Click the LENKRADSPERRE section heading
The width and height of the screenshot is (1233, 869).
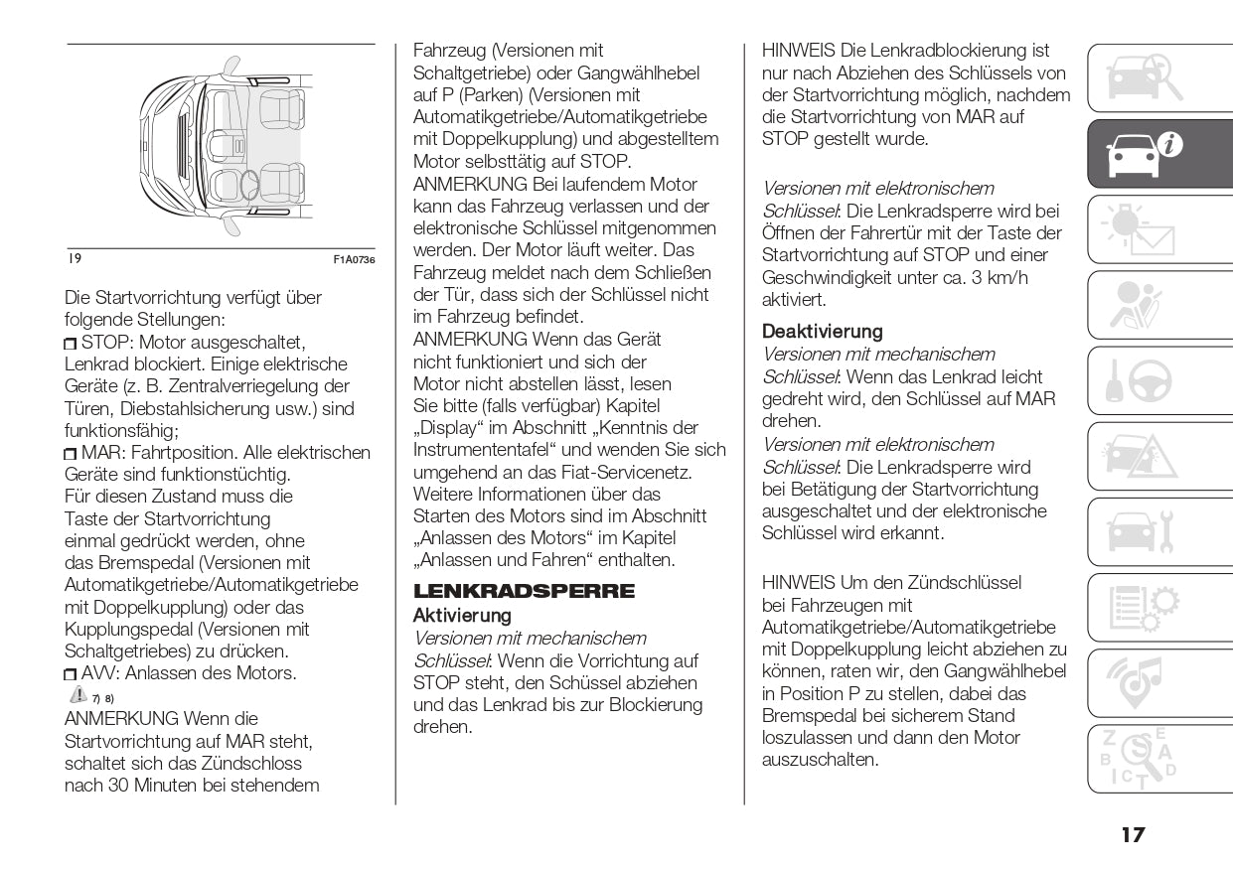524,591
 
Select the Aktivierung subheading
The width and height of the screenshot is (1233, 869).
462,616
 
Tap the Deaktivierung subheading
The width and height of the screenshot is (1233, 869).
822,332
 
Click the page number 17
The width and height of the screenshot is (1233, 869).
1132,834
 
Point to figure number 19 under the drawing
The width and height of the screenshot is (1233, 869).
75,259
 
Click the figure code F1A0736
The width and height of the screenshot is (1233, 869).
354,260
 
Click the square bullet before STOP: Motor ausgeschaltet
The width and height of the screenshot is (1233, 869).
71,344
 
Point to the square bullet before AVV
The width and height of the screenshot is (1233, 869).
71,674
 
